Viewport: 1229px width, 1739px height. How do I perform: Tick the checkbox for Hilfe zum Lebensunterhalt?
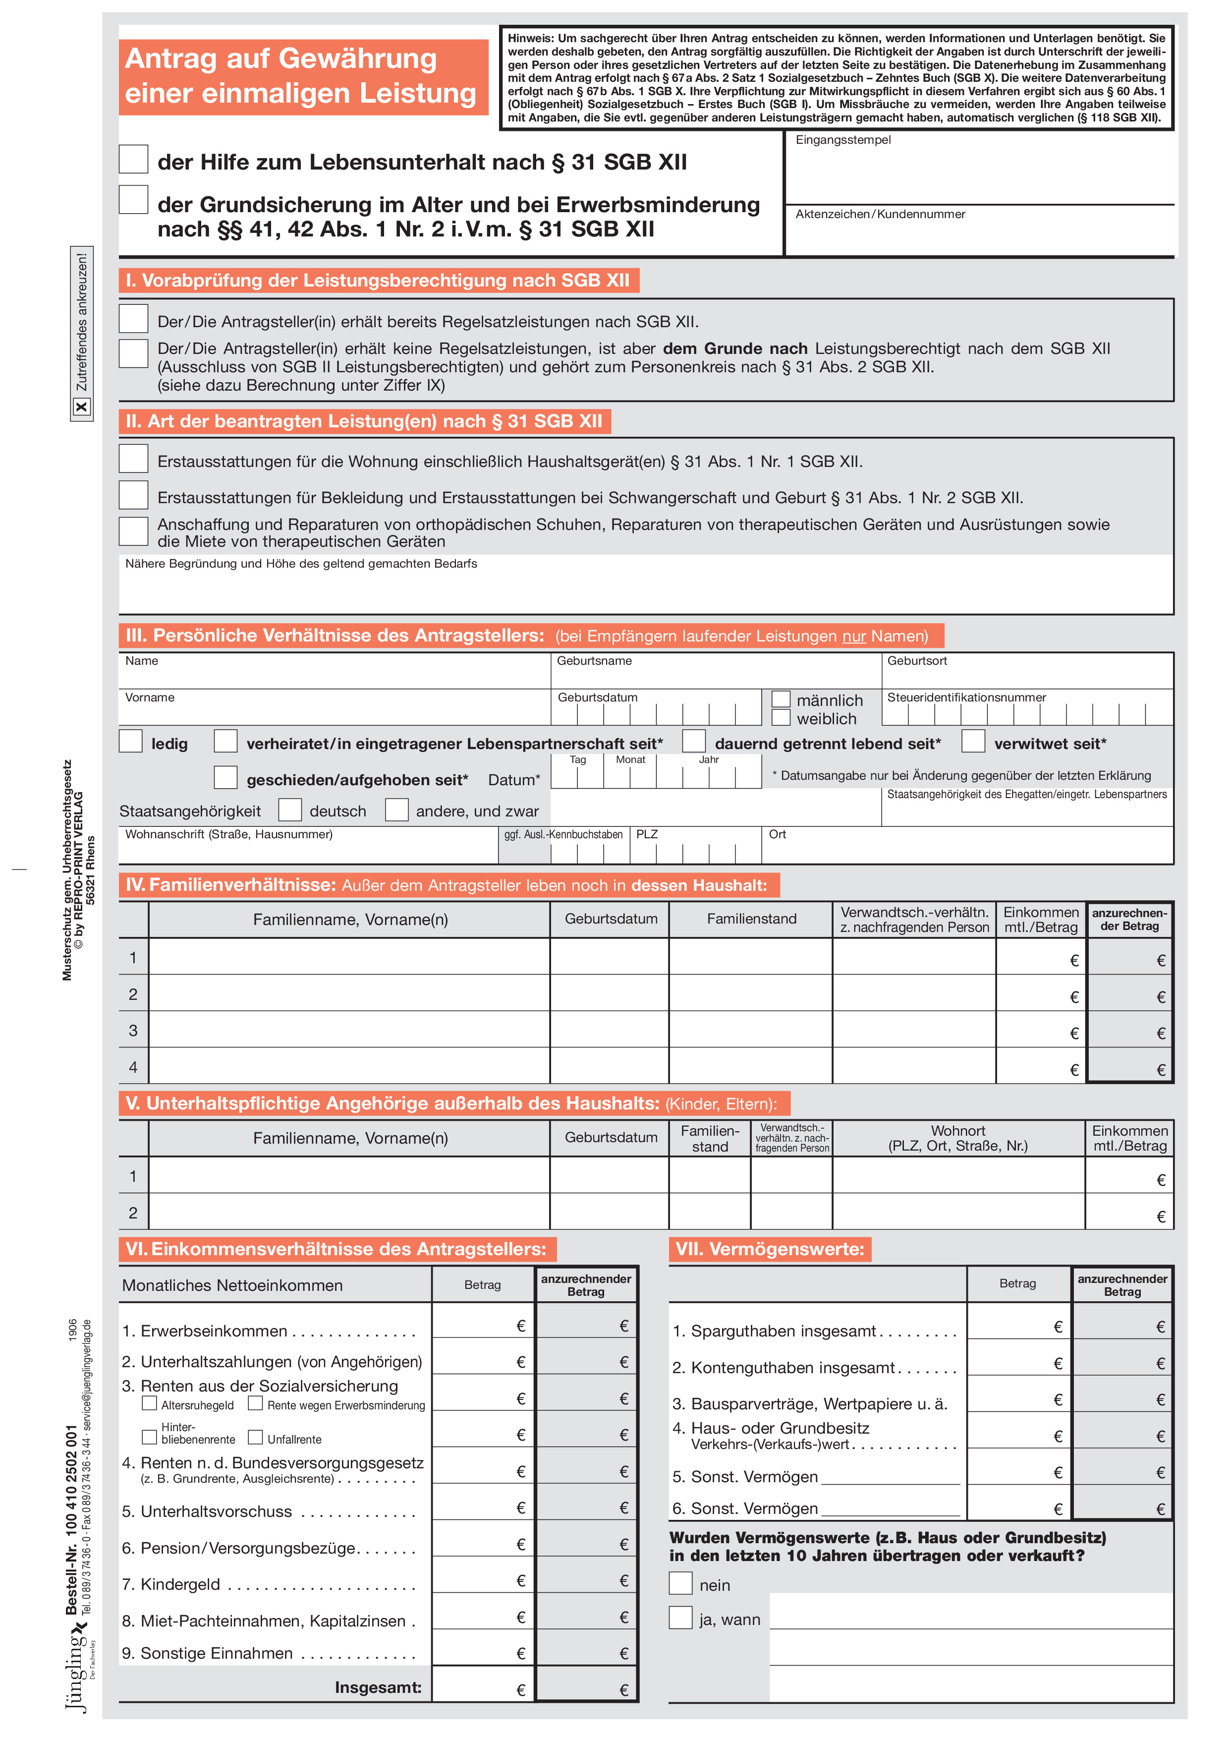click(x=133, y=160)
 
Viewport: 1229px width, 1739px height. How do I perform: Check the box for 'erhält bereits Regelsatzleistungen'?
click(x=133, y=319)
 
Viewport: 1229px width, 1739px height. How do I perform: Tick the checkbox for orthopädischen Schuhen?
click(x=133, y=531)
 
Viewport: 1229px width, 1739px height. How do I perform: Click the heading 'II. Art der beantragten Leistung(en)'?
click(x=363, y=421)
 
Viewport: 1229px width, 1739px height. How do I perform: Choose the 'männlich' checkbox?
click(x=781, y=698)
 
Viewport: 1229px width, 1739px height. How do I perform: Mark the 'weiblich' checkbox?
click(x=781, y=717)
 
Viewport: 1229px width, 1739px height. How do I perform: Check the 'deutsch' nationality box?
click(x=290, y=810)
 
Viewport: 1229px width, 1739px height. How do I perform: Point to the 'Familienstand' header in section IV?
click(x=751, y=919)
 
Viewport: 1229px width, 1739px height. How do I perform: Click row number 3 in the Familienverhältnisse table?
click(x=133, y=1030)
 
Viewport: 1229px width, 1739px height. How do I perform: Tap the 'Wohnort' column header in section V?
click(x=958, y=1138)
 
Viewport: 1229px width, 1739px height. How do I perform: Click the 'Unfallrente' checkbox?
click(x=256, y=1437)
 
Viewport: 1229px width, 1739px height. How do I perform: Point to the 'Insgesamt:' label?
click(x=378, y=1687)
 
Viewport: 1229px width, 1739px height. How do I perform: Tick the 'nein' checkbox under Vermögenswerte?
click(x=681, y=1583)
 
